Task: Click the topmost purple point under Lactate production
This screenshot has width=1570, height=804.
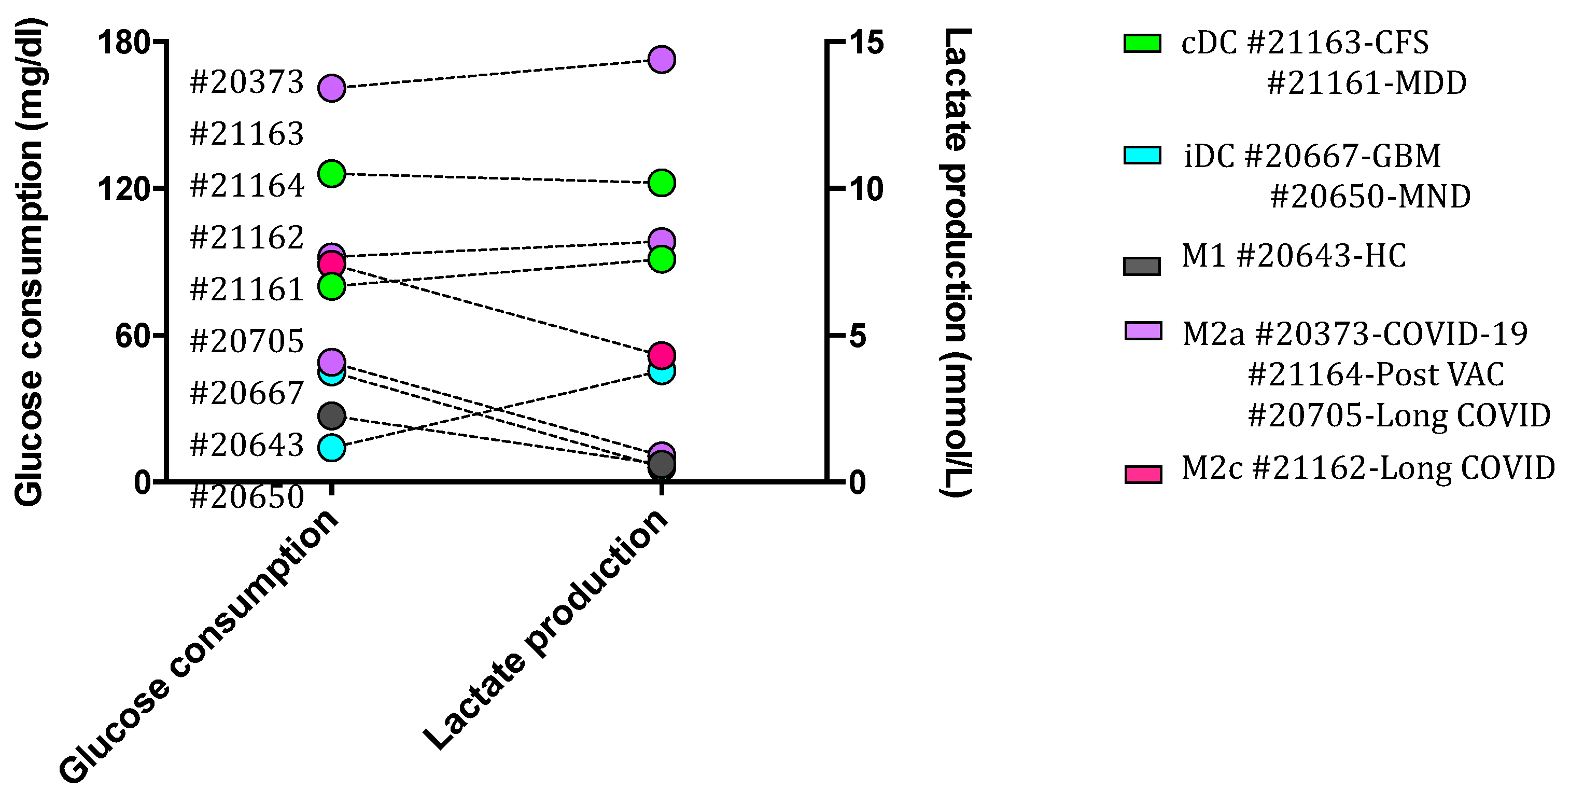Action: pyautogui.click(x=661, y=59)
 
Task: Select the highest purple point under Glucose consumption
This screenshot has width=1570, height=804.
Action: pyautogui.click(x=331, y=88)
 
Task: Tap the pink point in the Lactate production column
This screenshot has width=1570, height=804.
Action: pyautogui.click(x=661, y=355)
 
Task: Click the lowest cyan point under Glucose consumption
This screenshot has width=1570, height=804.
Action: pyautogui.click(x=331, y=448)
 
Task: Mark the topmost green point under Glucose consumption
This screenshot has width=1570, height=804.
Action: pyautogui.click(x=331, y=174)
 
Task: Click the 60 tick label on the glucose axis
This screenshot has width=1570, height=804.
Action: pyautogui.click(x=133, y=335)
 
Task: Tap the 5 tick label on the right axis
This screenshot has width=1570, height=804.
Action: pyautogui.click(x=857, y=335)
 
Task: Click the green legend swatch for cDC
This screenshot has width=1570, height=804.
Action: pyautogui.click(x=1142, y=43)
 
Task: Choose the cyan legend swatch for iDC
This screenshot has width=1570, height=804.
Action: pyautogui.click(x=1142, y=156)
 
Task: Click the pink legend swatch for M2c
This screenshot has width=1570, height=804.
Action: pyautogui.click(x=1143, y=474)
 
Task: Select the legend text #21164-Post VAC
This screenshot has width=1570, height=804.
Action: pyautogui.click(x=1376, y=375)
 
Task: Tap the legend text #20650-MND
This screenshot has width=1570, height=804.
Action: pyautogui.click(x=1370, y=196)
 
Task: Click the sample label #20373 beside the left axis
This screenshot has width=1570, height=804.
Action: pyautogui.click(x=247, y=81)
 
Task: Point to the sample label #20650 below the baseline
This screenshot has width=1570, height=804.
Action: pyautogui.click(x=247, y=497)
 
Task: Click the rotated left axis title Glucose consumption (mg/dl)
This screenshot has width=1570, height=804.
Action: pyautogui.click(x=29, y=262)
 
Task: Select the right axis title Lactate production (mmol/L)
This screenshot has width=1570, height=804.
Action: pyautogui.click(x=956, y=262)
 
